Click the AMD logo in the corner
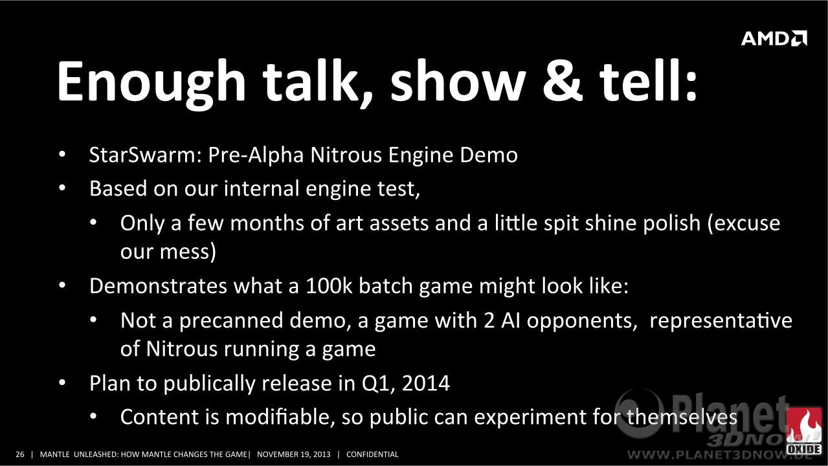774,38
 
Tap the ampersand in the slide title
562,82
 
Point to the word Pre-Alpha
256,155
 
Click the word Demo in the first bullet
489,155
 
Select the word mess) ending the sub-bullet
188,252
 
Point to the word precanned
231,321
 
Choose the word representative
721,321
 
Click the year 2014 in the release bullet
426,383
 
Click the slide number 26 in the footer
20,454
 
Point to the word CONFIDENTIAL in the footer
372,454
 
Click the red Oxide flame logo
804,431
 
